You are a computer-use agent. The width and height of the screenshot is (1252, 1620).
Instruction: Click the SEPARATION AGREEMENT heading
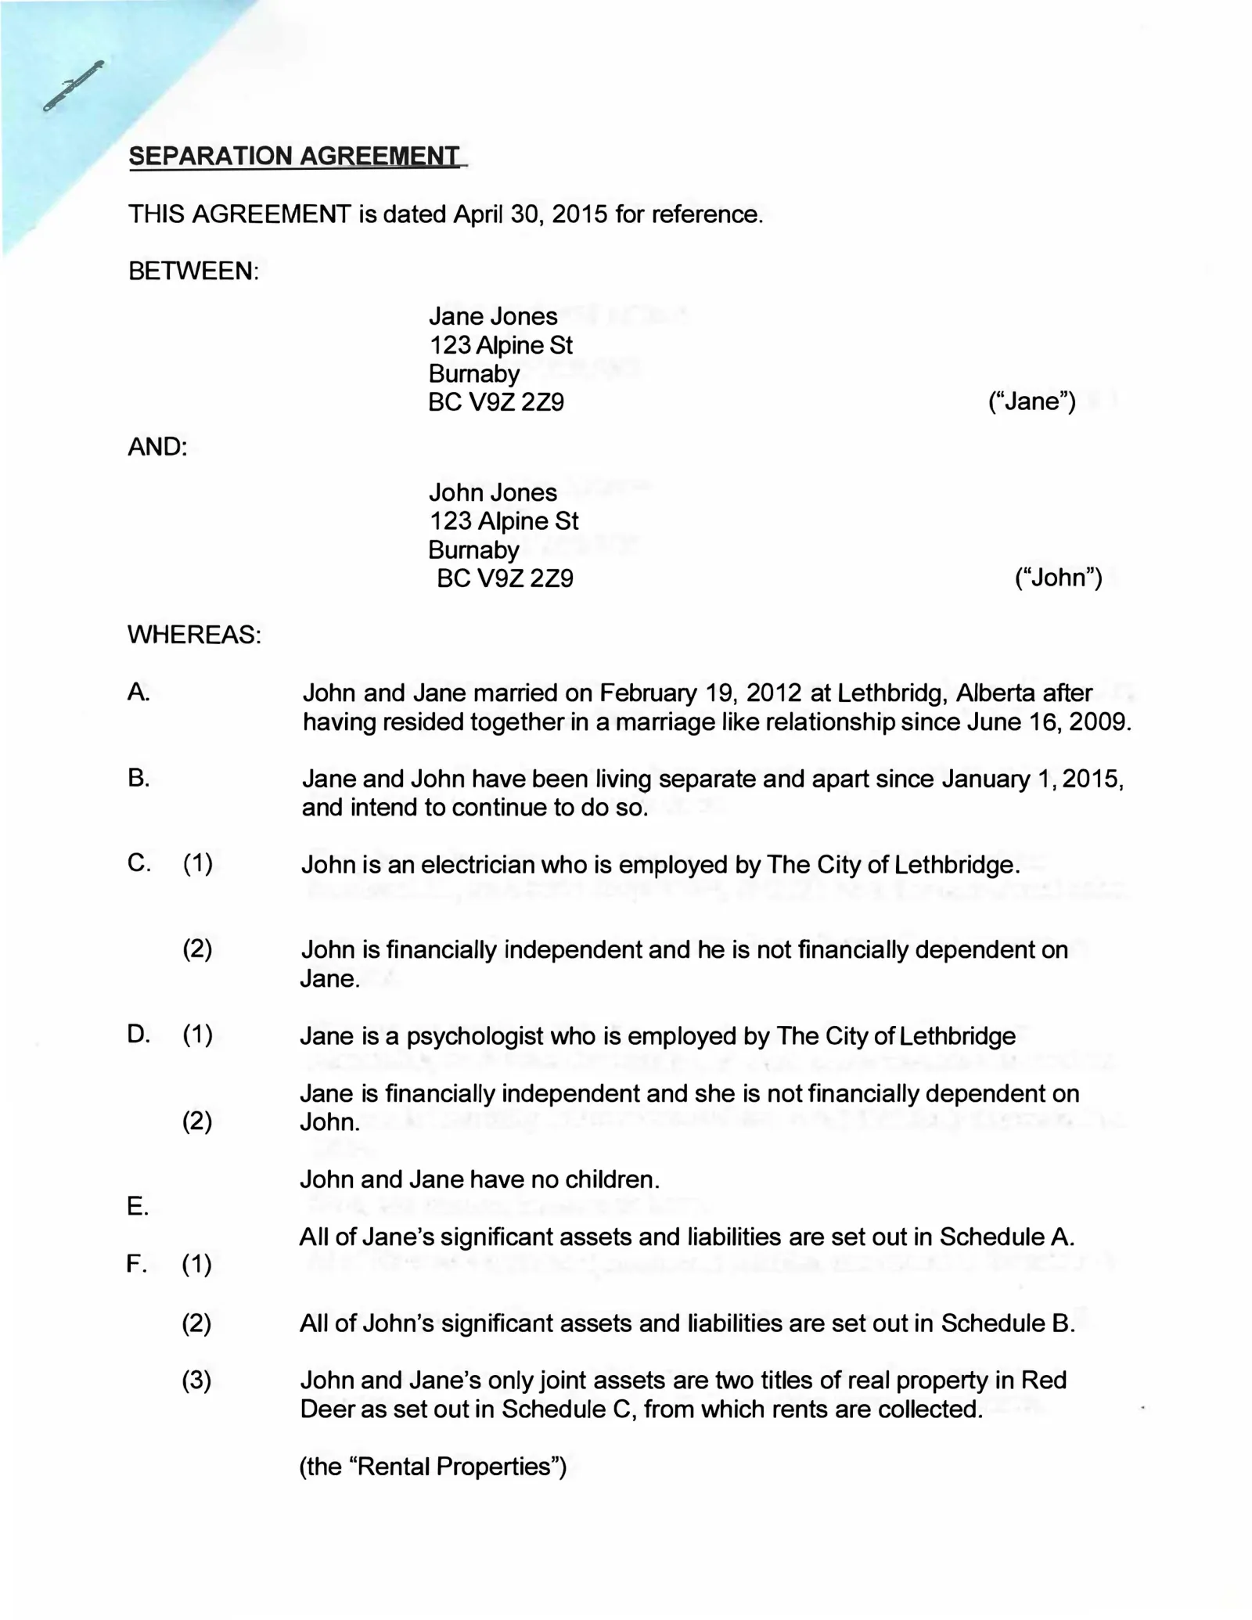click(295, 156)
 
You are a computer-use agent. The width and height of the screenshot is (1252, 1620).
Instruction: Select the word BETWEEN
click(192, 272)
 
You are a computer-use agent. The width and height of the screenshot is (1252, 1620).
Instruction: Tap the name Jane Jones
click(493, 316)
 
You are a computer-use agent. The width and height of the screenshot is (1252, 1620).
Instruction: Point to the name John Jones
click(493, 492)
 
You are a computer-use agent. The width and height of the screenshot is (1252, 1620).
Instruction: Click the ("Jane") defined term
click(1032, 401)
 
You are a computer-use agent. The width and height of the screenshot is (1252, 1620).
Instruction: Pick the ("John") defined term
click(1058, 578)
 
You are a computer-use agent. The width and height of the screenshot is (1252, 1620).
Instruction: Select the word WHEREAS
click(194, 635)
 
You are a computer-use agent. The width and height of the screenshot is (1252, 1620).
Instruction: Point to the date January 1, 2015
click(1033, 779)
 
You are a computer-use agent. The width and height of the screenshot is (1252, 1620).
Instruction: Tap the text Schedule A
click(1006, 1237)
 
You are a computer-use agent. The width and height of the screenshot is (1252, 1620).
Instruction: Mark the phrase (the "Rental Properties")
click(433, 1466)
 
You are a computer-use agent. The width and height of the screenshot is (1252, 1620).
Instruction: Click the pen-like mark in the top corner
click(74, 85)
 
